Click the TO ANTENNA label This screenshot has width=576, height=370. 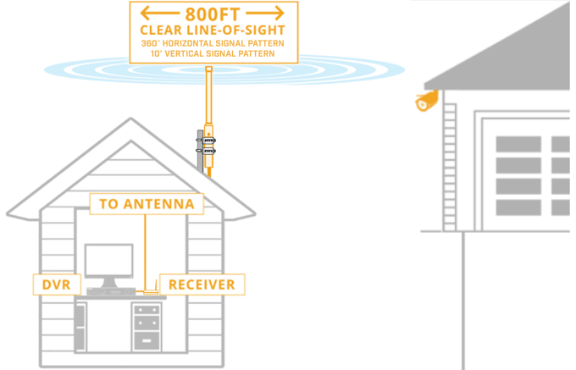147,204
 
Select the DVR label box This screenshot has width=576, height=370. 50,284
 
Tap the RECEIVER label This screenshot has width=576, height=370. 202,284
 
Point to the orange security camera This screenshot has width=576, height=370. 427,102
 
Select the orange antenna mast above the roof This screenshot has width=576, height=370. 208,93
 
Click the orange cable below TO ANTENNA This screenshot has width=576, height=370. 147,250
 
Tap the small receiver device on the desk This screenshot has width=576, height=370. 151,293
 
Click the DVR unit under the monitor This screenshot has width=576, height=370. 108,292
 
